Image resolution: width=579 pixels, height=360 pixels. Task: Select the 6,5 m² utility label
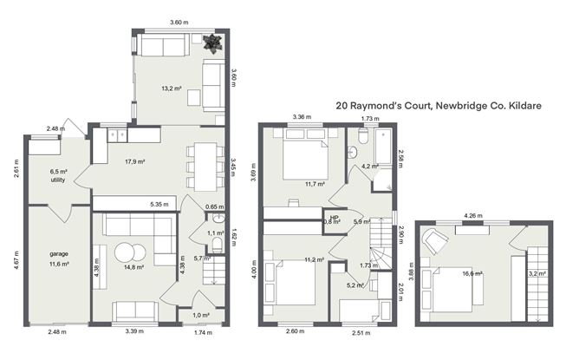(x=59, y=176)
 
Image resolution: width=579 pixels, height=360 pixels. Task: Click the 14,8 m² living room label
(x=135, y=268)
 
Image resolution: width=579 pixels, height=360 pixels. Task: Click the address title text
(x=439, y=105)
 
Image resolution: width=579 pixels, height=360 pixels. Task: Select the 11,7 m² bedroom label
(x=315, y=184)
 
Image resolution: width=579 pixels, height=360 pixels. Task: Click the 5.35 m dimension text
(x=159, y=205)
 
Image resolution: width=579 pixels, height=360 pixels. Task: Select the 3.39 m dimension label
(x=134, y=331)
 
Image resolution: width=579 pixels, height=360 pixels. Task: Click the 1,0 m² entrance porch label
(x=200, y=315)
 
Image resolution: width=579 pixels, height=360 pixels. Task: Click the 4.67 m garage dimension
(x=16, y=260)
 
